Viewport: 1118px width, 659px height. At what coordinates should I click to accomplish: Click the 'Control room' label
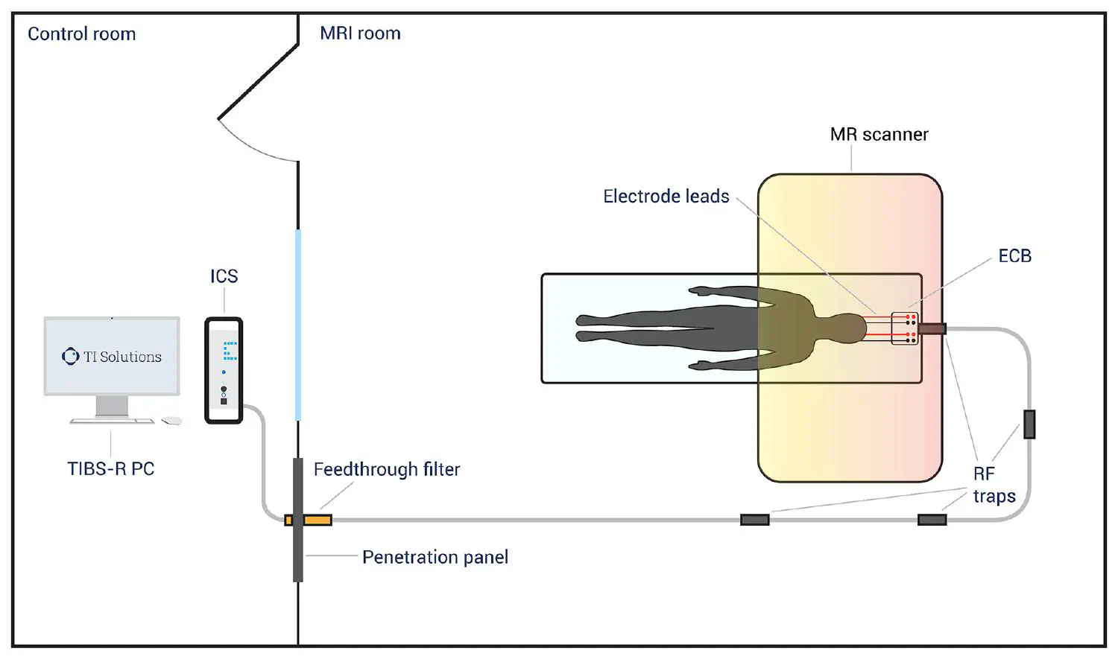[82, 34]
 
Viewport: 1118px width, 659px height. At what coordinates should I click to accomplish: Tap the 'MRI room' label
[360, 34]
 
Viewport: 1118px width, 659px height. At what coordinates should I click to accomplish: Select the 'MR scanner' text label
[879, 135]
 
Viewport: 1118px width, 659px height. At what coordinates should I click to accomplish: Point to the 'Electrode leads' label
[666, 197]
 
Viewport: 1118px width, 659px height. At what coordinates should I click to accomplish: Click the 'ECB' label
[1014, 256]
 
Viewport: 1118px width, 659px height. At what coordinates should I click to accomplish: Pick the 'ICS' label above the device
[224, 276]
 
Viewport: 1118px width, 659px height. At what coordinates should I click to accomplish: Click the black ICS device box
[224, 370]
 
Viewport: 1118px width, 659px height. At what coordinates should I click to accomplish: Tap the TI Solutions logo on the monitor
[71, 357]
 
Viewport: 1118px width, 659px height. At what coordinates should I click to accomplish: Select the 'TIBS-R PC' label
[111, 469]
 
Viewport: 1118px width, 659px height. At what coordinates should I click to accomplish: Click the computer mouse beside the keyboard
[172, 421]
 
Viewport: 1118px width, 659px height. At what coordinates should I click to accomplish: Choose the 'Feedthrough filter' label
[386, 470]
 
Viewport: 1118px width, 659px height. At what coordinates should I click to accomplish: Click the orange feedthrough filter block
[316, 520]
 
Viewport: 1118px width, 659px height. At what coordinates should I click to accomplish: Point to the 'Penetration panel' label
[435, 558]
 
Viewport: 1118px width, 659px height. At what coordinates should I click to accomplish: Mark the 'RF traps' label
[994, 485]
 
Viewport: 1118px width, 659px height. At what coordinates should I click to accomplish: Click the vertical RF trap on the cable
[1029, 424]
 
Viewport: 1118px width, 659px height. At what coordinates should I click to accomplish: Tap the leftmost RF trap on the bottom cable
[754, 520]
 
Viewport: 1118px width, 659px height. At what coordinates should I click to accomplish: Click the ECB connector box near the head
[905, 328]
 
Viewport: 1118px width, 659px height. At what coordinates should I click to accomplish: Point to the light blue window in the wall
[298, 325]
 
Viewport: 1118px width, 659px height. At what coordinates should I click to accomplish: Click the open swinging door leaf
[258, 81]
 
